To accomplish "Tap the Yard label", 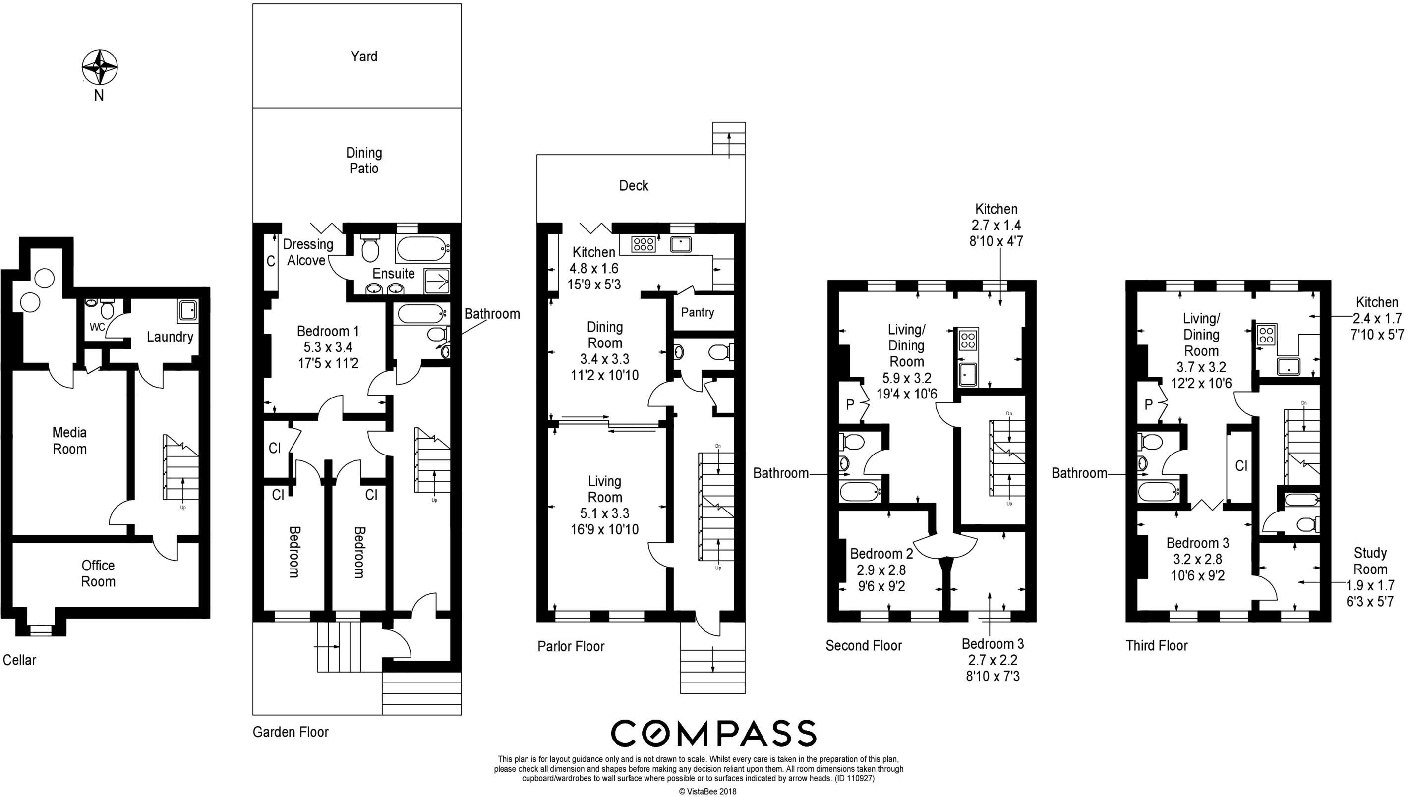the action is (x=364, y=57).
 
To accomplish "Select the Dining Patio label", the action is (x=364, y=161).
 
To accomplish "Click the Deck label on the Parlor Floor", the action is (x=634, y=185).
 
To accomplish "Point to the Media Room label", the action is (x=69, y=441).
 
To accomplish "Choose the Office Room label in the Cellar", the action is (x=98, y=573).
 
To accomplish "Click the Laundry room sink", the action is (x=188, y=310).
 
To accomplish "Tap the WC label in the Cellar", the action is (x=97, y=327).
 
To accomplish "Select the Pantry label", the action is (x=698, y=312).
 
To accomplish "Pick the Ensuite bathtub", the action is (x=422, y=249).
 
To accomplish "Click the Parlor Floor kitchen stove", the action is (x=643, y=244).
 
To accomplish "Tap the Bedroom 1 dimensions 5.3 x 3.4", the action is (x=328, y=347).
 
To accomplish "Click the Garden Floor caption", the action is (x=291, y=732).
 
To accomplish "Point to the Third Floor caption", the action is (x=1157, y=646).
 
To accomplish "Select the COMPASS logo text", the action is (x=713, y=734).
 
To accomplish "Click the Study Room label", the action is (x=1370, y=561).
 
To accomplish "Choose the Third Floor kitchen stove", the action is (x=1266, y=335).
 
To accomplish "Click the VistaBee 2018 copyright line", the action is (x=707, y=791).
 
